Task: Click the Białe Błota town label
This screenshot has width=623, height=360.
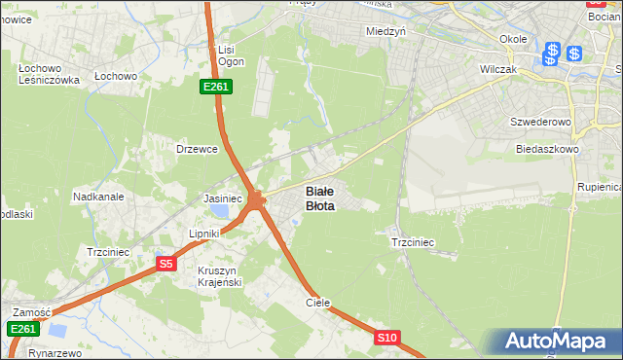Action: coord(320,198)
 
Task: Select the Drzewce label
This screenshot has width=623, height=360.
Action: coord(196,149)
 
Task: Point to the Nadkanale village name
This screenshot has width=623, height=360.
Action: coord(98,196)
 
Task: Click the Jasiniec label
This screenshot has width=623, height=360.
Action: coord(222,198)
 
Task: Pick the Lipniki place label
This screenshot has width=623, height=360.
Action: coord(205,234)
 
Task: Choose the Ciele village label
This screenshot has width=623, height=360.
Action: coord(318,303)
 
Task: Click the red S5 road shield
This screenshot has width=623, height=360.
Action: coord(166,264)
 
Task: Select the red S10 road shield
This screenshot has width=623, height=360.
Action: coord(386,338)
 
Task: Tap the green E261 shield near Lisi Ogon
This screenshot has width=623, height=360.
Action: coord(216,88)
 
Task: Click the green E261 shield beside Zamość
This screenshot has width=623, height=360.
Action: coord(23,330)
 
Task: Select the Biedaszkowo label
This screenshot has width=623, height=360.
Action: coord(548,150)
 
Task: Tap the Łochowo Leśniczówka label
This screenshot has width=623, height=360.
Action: coord(48,75)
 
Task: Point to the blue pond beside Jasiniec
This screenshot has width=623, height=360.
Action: coord(222,211)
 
